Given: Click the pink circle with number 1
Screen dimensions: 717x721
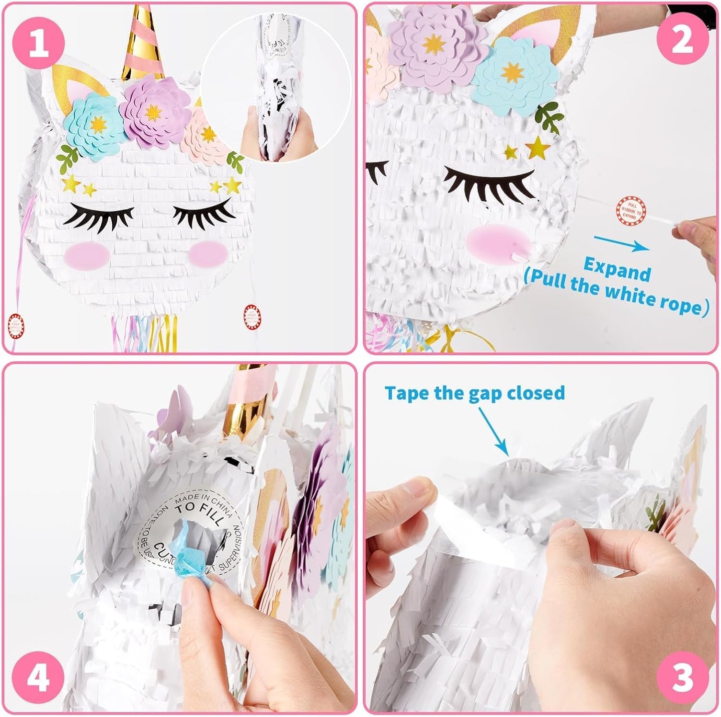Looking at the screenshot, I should tap(39, 42).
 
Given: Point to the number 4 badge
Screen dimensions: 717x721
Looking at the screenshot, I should tap(39, 678).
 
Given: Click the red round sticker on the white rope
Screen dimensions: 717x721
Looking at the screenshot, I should tap(630, 210).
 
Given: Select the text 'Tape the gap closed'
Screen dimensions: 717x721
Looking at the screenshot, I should tap(475, 393).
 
